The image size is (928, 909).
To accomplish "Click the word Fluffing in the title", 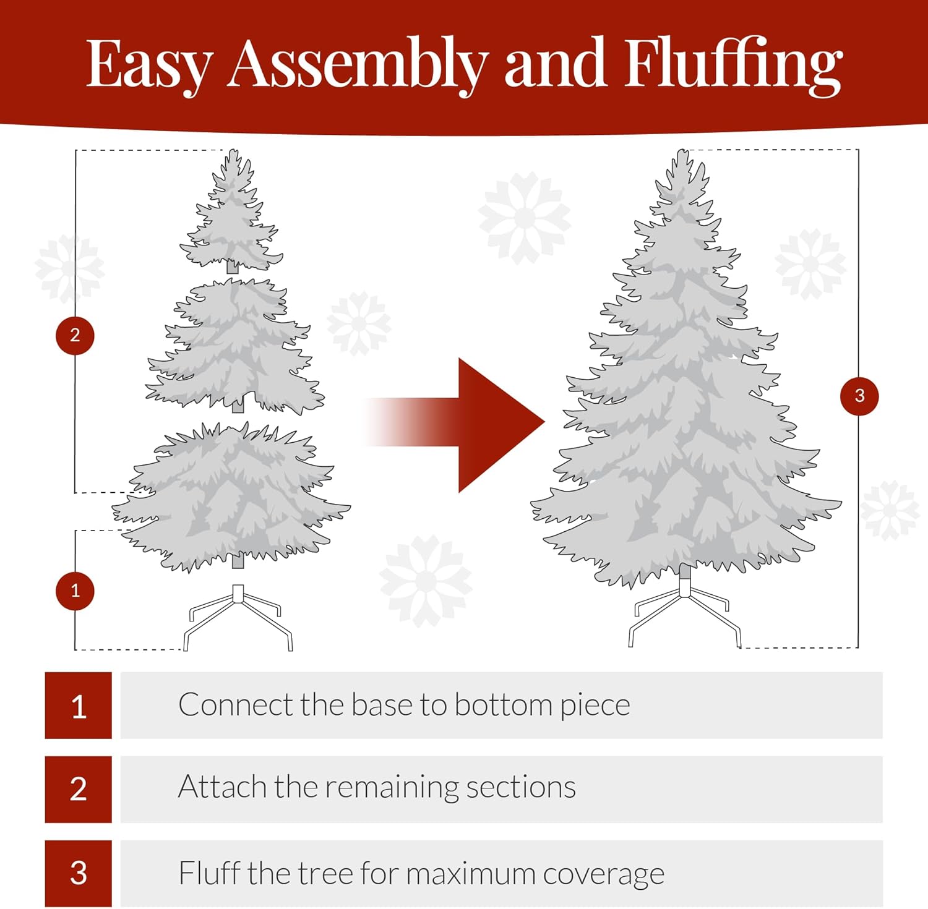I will click(733, 65).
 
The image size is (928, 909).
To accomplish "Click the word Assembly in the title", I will click(357, 65).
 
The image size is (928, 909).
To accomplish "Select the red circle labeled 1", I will click(75, 591).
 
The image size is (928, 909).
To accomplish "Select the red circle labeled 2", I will click(75, 335).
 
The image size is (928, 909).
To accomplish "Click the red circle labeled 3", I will click(859, 396).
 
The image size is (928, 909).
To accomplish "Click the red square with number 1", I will click(78, 705).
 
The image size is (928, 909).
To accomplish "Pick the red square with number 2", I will click(78, 789).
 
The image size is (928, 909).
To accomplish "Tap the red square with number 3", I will click(78, 873).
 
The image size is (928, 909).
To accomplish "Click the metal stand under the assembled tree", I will click(684, 609).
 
